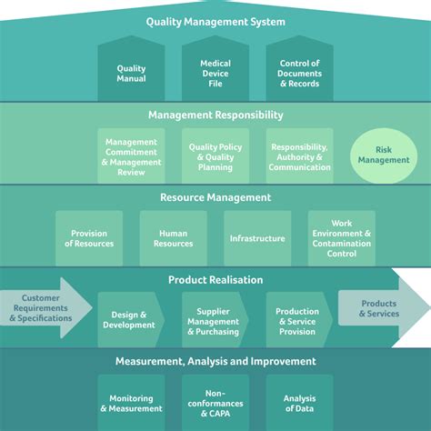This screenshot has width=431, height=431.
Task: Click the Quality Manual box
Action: (x=131, y=74)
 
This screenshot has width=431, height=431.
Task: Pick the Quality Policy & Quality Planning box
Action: (x=215, y=155)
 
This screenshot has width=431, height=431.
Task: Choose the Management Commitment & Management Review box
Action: (x=131, y=156)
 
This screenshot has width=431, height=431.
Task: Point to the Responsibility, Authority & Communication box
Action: (x=300, y=155)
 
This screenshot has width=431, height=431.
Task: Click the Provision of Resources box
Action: (x=89, y=238)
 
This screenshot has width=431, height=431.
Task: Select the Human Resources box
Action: (x=173, y=238)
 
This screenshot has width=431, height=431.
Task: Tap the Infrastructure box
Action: (x=257, y=238)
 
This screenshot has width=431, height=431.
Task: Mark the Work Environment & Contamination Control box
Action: (x=342, y=238)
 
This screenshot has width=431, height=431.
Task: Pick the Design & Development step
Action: (x=129, y=319)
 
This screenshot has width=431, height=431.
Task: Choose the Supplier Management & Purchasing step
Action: (x=214, y=319)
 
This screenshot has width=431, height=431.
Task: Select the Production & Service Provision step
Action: (x=297, y=319)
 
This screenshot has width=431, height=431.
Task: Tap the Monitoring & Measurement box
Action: (x=131, y=404)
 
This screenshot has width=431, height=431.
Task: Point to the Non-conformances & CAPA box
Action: (x=215, y=404)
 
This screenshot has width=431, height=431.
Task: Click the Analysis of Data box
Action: (x=300, y=404)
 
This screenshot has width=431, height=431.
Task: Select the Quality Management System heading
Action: (x=215, y=22)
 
